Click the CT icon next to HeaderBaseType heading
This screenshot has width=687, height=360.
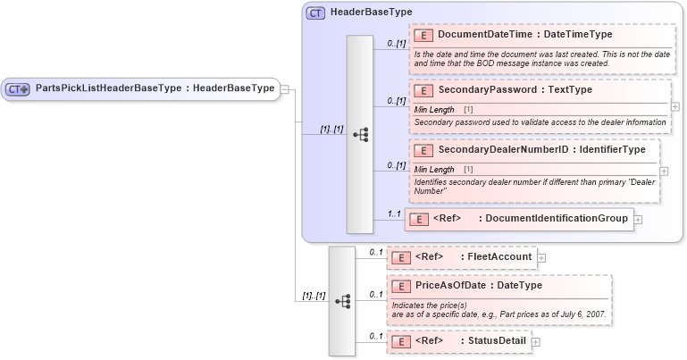pos(315,13)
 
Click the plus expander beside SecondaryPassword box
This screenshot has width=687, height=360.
pos(674,106)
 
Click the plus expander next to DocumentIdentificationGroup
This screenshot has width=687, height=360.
pos(638,219)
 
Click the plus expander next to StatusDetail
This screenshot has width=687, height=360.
pos(536,341)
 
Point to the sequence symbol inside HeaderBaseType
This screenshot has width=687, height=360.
pos(360,134)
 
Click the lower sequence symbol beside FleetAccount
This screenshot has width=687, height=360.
pos(342,302)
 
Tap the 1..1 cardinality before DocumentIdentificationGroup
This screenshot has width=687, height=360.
pos(394,214)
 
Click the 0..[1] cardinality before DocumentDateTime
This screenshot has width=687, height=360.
pos(396,42)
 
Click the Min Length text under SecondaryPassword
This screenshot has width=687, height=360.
pos(435,109)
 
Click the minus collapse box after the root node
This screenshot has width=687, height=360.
pos(284,88)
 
